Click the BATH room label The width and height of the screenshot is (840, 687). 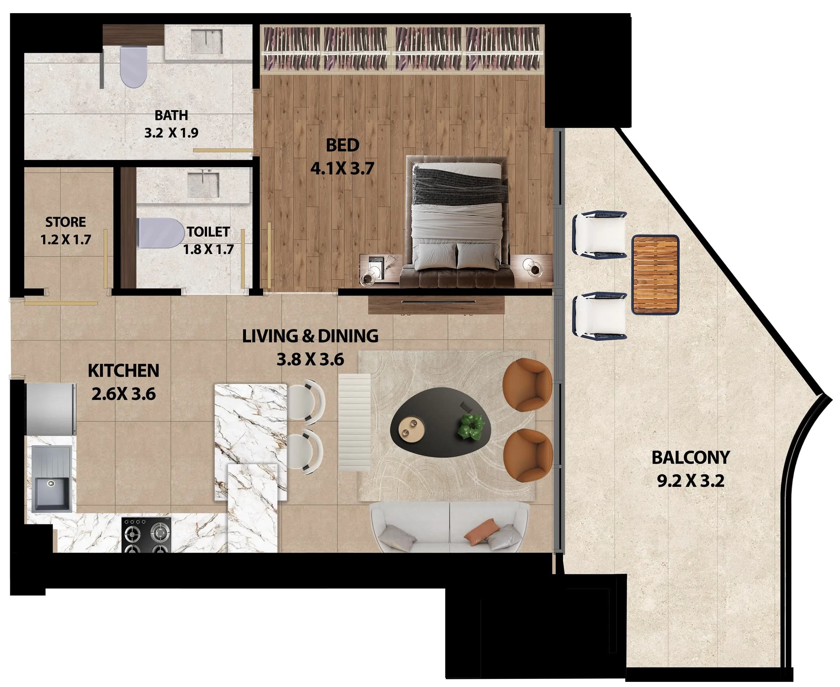pyautogui.click(x=171, y=115)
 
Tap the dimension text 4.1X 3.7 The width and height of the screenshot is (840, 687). pyautogui.click(x=342, y=169)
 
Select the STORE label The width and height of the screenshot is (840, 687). pyautogui.click(x=65, y=222)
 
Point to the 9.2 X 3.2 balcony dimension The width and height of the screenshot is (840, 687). pyautogui.click(x=691, y=481)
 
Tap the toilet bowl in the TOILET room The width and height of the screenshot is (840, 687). pyautogui.click(x=160, y=233)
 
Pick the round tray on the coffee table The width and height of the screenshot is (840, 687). pyautogui.click(x=411, y=428)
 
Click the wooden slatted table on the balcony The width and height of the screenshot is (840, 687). pyautogui.click(x=655, y=274)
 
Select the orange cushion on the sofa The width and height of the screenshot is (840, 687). pyautogui.click(x=480, y=531)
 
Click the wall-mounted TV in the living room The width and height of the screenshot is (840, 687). pyautogui.click(x=438, y=301)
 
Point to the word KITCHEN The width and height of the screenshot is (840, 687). pyautogui.click(x=124, y=371)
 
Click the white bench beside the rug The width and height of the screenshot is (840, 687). pyautogui.click(x=355, y=422)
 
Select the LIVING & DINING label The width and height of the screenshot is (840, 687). pyautogui.click(x=310, y=336)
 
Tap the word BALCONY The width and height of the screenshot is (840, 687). pyautogui.click(x=691, y=457)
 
